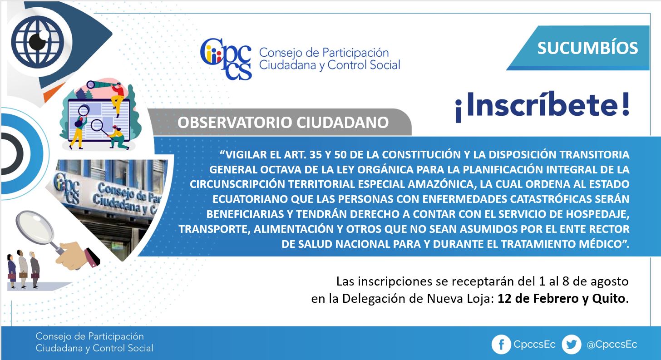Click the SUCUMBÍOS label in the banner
point(587,48)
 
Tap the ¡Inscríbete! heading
point(543,107)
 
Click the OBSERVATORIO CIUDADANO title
point(283,123)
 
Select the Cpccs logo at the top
point(226,59)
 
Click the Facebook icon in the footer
point(501,345)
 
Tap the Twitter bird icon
point(572,345)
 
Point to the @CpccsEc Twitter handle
point(612,345)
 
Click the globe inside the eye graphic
point(38,42)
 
